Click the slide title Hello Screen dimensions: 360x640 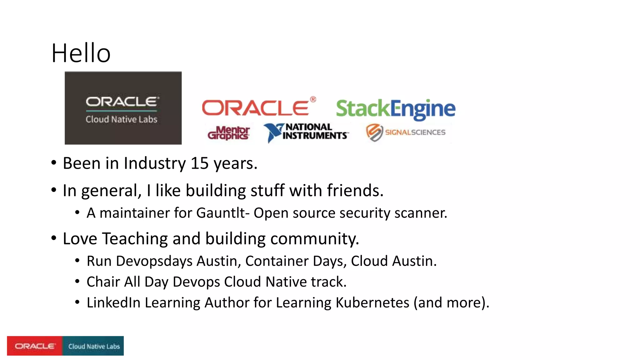point(81,53)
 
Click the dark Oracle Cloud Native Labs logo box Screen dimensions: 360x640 point(123,108)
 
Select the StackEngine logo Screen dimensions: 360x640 point(396,108)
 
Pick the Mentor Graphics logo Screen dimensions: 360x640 point(228,133)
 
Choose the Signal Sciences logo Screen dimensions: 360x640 point(406,132)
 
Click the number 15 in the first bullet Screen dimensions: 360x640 point(199,163)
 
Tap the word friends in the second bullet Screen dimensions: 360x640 point(355,190)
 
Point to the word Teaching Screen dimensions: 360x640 point(135,239)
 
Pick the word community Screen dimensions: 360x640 point(314,239)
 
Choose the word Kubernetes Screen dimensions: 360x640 point(372,302)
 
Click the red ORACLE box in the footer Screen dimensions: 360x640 point(35,346)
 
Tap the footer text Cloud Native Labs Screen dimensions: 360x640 point(94,346)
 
